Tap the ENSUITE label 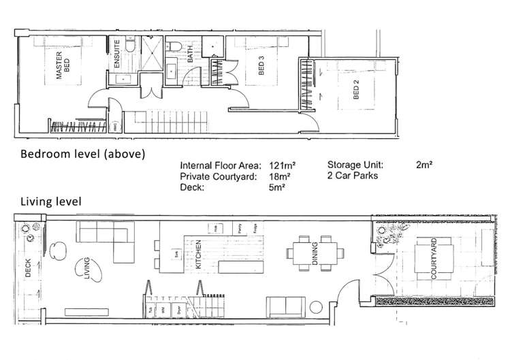[117, 52]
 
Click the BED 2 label [355, 91]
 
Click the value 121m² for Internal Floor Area [282, 165]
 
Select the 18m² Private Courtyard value [278, 176]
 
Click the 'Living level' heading [51, 201]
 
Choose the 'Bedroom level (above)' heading [82, 154]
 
